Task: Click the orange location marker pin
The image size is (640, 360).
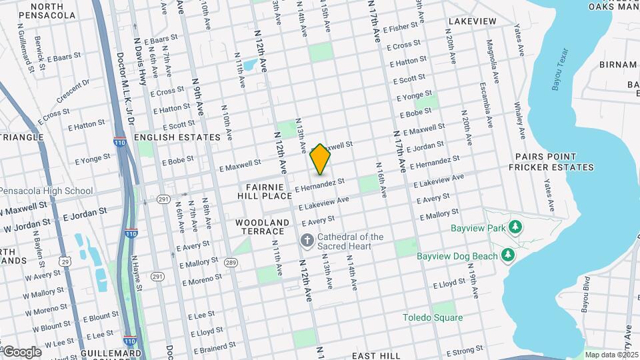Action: click(x=320, y=159)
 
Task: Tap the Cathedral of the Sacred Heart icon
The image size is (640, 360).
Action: click(x=307, y=239)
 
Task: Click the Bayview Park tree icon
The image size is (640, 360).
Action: click(x=515, y=228)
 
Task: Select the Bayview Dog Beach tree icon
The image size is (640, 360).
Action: click(x=508, y=255)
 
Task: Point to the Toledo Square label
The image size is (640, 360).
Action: click(x=432, y=317)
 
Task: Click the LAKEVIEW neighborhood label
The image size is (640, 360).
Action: click(x=472, y=21)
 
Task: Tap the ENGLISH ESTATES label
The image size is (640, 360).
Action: click(x=177, y=137)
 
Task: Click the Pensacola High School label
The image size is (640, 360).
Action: click(x=46, y=191)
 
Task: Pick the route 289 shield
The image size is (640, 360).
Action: click(x=231, y=263)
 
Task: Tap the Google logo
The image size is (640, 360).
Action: click(x=21, y=352)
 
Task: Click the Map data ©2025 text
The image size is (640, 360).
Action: click(x=611, y=355)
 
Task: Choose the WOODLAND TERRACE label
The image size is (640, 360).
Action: click(x=262, y=227)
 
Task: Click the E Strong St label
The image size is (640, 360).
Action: click(x=465, y=350)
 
